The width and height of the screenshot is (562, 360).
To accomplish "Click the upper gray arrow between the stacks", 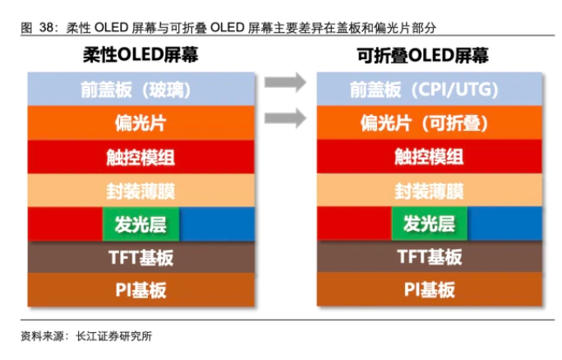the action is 285,82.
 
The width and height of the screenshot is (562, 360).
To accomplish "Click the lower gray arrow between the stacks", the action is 285,118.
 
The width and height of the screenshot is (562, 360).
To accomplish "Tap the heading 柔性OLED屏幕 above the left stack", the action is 140,55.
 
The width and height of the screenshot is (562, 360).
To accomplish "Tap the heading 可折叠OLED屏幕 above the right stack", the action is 422,56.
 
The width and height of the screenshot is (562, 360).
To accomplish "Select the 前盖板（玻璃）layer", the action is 141,89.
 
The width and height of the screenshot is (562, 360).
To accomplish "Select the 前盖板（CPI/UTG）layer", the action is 430,89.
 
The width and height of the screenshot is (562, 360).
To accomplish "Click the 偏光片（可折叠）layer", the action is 430,122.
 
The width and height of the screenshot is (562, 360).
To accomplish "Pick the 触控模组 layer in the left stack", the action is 141,157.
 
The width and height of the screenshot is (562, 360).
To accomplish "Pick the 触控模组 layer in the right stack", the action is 430,156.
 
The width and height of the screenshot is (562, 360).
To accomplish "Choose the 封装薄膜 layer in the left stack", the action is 141,191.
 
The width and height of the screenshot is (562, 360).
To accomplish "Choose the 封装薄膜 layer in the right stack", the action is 430,190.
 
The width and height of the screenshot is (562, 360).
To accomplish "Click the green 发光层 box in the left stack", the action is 140,224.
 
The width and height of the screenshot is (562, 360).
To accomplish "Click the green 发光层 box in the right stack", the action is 430,224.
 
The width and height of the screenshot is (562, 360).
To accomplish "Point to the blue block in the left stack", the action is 217,224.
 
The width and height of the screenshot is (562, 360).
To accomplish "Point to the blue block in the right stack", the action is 505,224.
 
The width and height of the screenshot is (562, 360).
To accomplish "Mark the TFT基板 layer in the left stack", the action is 141,257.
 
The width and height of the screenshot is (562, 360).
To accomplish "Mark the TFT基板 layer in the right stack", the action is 430,256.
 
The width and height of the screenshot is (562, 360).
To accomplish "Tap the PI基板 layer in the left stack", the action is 141,289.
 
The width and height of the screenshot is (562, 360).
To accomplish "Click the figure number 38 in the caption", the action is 47,28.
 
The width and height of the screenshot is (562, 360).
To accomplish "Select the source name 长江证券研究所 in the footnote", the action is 114,336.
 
